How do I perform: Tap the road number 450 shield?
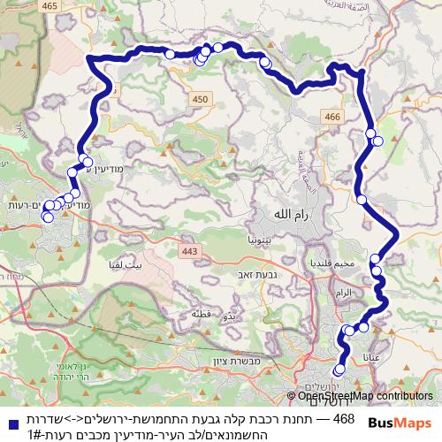pos(201,100)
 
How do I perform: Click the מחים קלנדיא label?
pos(327,264)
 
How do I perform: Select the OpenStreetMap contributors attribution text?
pos(365,396)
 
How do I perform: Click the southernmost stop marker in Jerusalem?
pos(339,370)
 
